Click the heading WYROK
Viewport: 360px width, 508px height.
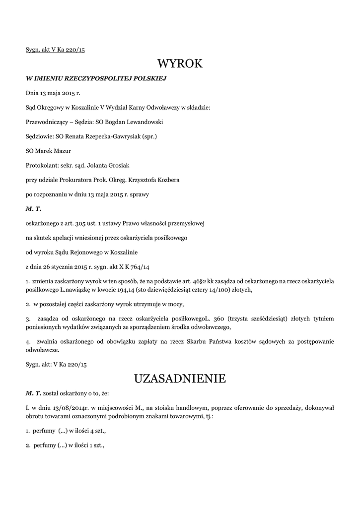click(x=180, y=63)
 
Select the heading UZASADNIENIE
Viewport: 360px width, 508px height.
click(x=180, y=379)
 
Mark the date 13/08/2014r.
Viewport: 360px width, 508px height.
click(x=68, y=408)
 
